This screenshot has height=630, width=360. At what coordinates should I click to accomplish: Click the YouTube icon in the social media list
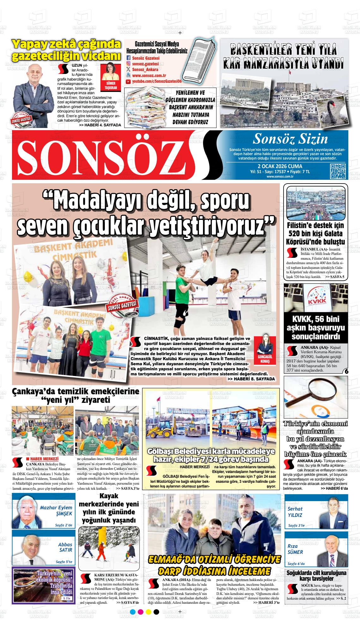tap(128, 82)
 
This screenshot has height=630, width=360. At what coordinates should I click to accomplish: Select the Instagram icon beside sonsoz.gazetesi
tap(128, 64)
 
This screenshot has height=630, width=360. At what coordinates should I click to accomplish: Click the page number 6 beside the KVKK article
tap(346, 371)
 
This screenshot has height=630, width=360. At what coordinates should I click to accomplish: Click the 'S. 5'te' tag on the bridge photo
tap(66, 599)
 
